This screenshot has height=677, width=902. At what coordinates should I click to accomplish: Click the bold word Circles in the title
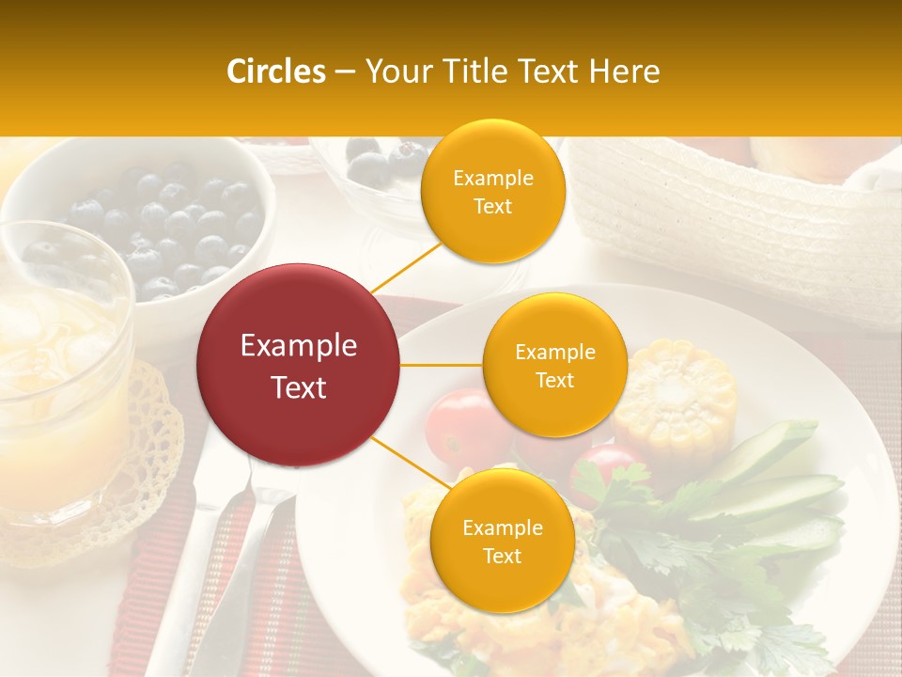[275, 71]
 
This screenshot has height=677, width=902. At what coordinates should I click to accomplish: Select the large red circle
[299, 365]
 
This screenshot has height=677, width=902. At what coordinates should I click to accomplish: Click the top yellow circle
[492, 191]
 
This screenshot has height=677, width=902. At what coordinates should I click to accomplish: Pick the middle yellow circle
[554, 365]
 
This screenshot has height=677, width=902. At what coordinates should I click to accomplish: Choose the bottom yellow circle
[502, 541]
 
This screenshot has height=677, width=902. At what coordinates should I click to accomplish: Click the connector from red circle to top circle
[406, 267]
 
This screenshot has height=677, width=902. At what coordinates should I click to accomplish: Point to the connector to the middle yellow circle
[442, 365]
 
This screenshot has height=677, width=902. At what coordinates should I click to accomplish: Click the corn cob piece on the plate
[678, 396]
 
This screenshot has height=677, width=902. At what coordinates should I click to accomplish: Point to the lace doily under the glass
[141, 470]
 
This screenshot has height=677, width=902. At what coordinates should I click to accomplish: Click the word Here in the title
[627, 71]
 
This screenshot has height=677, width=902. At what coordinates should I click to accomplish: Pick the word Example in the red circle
[299, 346]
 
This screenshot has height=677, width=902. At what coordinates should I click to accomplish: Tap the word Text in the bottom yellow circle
[502, 556]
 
